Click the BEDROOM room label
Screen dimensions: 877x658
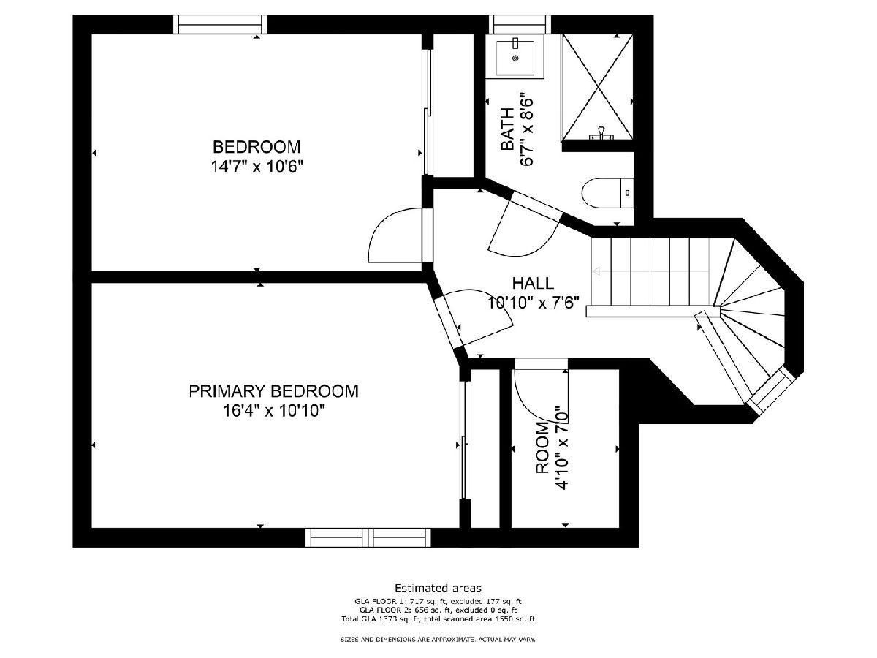[x=256, y=147]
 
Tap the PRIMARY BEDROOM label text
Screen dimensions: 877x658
[x=273, y=390]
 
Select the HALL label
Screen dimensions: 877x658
[x=533, y=283]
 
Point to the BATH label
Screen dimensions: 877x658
[x=507, y=129]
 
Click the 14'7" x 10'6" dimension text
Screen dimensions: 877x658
[x=257, y=166]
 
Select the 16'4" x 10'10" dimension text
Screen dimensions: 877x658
[x=273, y=410]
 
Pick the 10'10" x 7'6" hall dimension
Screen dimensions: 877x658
[x=533, y=303]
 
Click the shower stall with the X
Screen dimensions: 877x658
[x=596, y=87]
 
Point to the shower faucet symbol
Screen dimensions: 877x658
[x=601, y=134]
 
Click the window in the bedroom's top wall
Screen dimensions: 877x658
[x=220, y=24]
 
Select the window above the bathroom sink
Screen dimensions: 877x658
[x=520, y=24]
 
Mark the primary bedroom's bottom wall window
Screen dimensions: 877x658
[x=368, y=537]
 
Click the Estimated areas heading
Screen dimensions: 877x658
[x=438, y=588]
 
